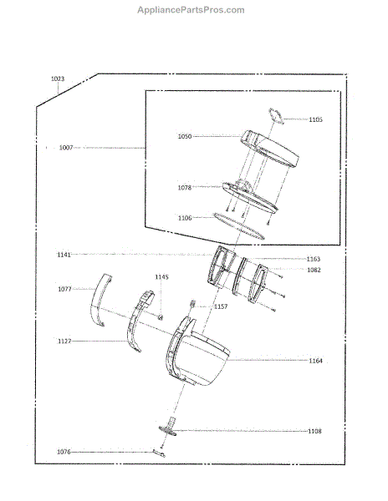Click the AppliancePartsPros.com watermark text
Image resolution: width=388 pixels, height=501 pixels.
click(191, 10)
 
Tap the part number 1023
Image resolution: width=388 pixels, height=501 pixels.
click(58, 78)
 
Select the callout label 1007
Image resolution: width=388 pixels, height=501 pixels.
click(66, 148)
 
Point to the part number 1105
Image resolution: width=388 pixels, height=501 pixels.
click(316, 119)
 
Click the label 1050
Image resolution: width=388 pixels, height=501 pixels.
click(185, 136)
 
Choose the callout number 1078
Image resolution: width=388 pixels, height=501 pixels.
click(185, 188)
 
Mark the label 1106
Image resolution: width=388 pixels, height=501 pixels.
click(185, 218)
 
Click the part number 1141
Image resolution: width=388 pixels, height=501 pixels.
click(64, 255)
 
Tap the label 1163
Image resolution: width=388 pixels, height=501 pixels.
click(314, 259)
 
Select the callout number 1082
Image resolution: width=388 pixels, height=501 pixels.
click(314, 270)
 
